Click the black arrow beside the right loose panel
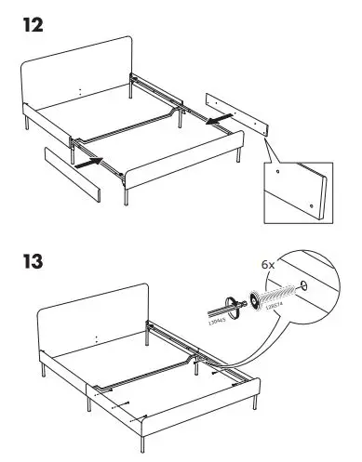219,120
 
